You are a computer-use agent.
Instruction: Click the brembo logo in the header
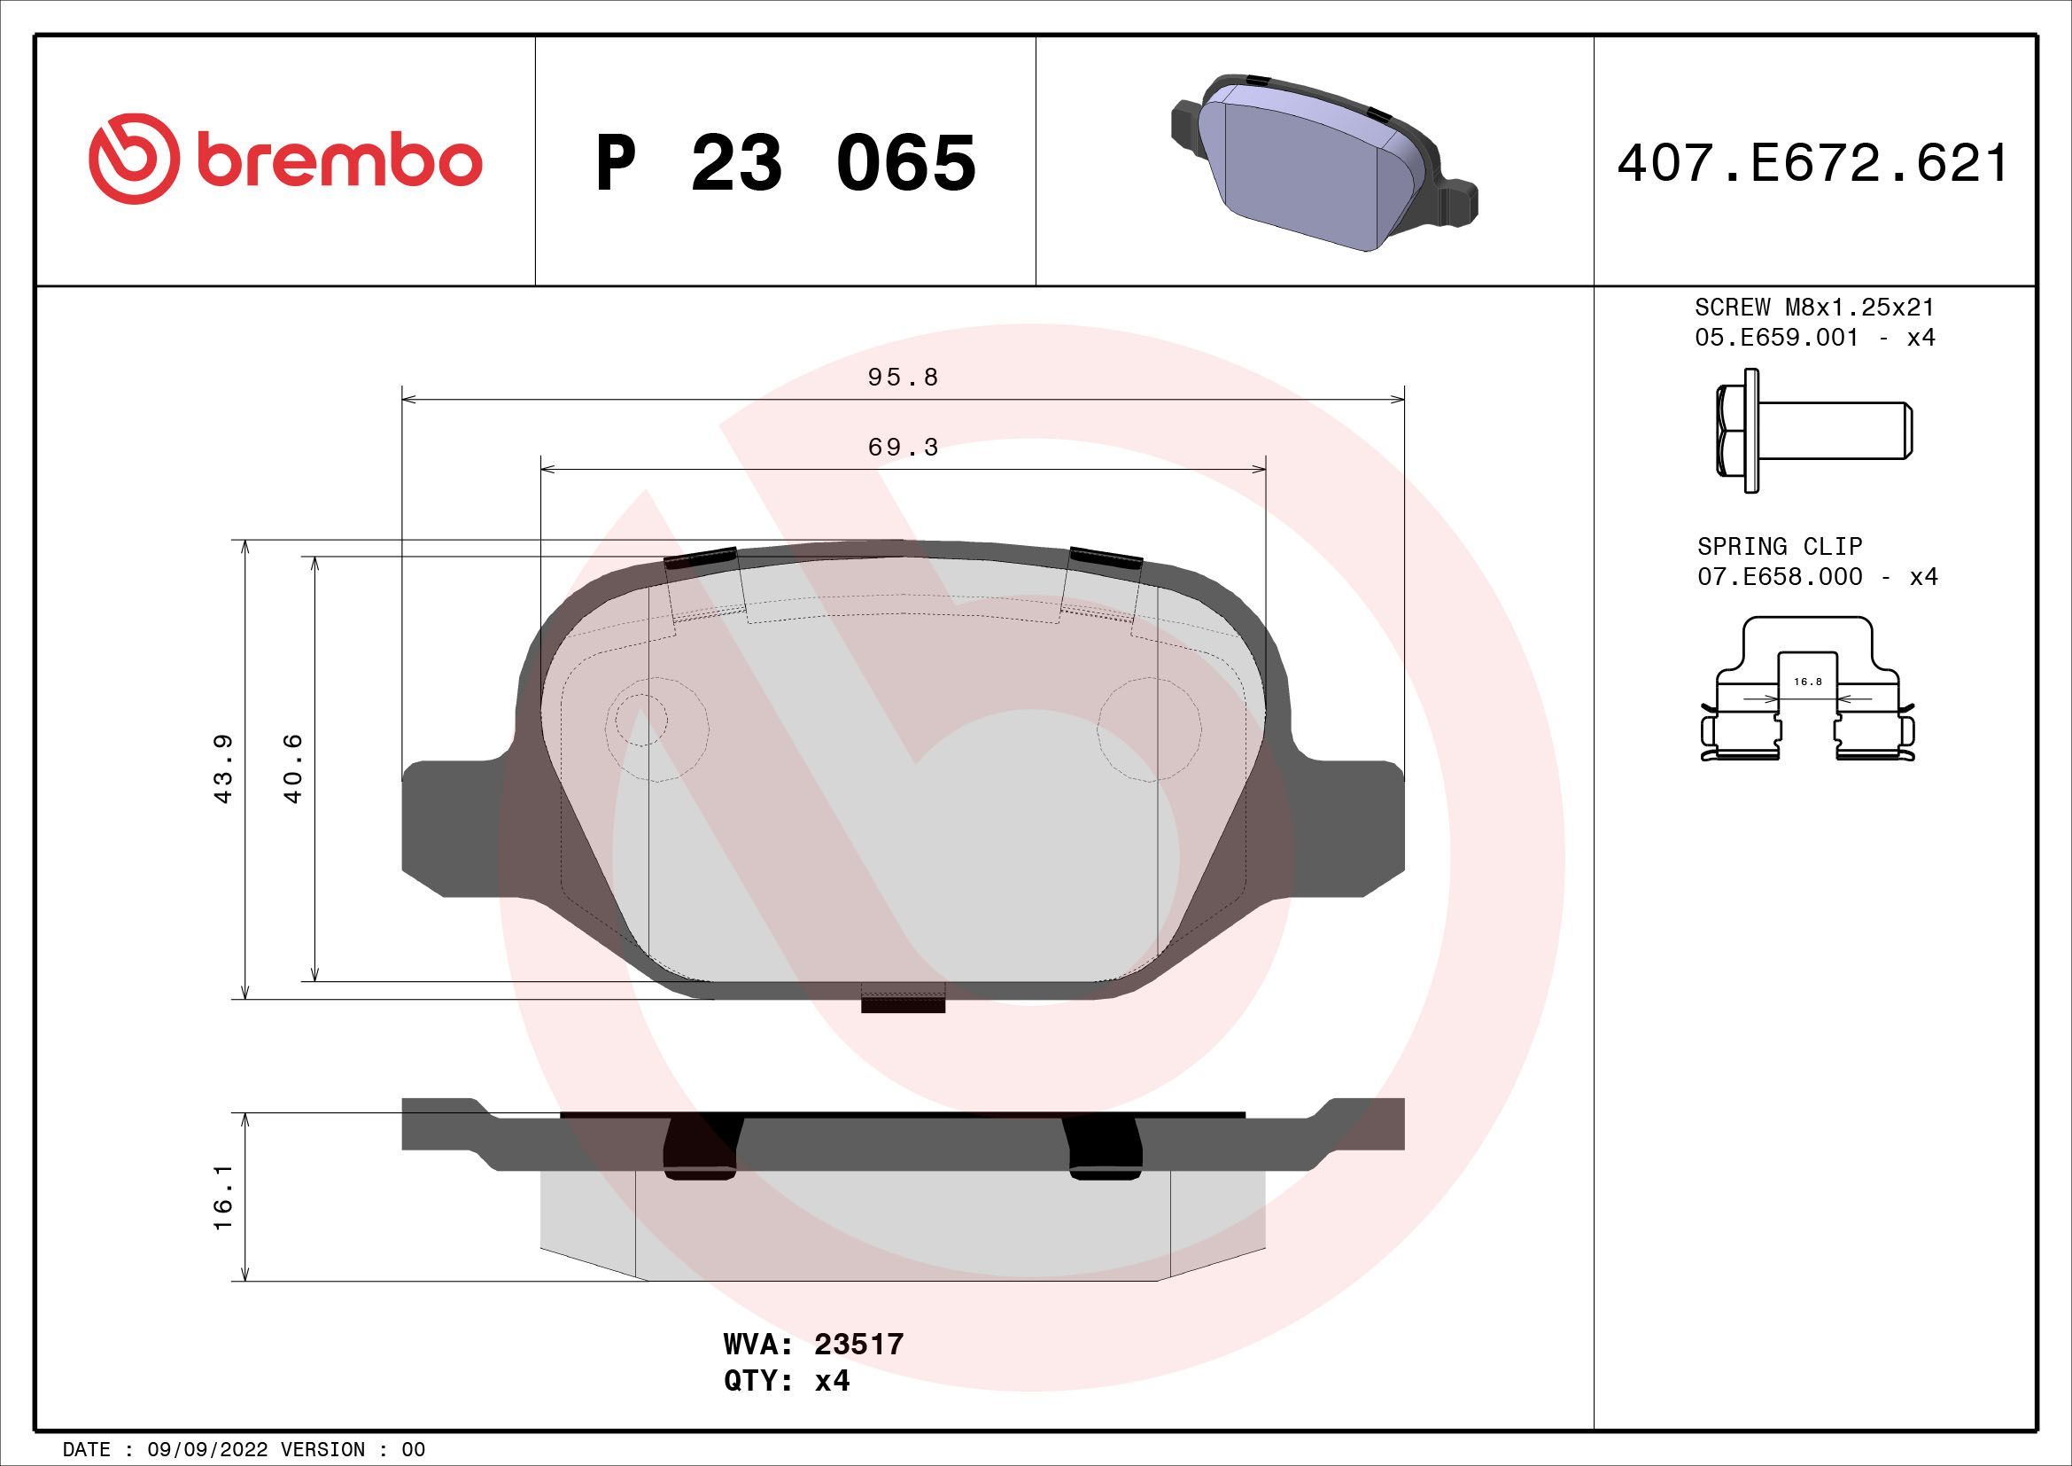tap(285, 161)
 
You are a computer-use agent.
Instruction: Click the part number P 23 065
tap(785, 163)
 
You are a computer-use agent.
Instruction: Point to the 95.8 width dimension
tap(903, 378)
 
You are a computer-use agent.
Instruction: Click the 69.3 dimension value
tap(903, 448)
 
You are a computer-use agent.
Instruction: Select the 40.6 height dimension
tap(293, 768)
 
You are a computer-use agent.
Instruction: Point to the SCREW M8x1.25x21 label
tap(1814, 308)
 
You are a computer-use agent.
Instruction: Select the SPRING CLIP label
tap(1779, 546)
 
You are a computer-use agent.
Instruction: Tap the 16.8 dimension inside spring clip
tap(1808, 682)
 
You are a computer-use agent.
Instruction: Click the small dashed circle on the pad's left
tap(641, 720)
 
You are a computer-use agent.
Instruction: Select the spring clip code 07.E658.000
tap(1779, 577)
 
